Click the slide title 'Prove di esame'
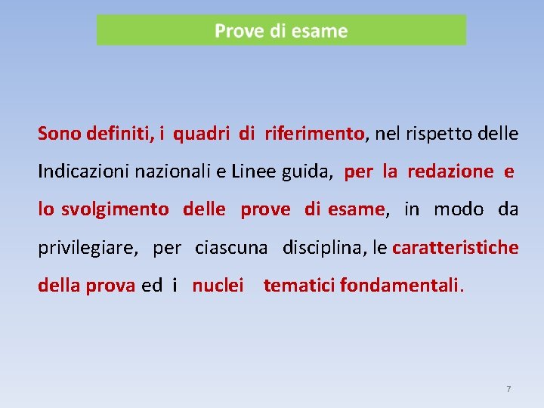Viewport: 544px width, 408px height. [281, 31]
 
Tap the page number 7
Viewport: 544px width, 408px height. [508, 389]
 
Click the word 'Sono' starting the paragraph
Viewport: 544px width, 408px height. [60, 134]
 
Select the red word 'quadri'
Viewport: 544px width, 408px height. [202, 134]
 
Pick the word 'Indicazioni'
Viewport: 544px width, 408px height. [84, 172]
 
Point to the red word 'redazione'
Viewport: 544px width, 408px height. [450, 172]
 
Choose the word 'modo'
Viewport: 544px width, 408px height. [459, 209]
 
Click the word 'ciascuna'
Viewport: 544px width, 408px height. [231, 247]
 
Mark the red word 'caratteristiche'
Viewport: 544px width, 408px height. [456, 247]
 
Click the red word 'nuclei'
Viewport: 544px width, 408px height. [218, 286]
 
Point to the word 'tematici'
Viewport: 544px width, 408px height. [299, 286]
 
